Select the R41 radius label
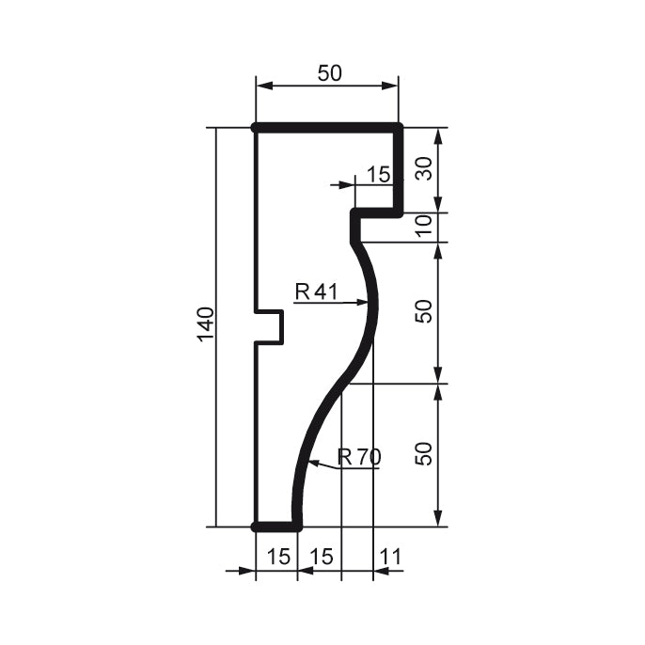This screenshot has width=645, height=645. [x=316, y=291]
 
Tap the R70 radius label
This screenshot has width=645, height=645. [x=359, y=458]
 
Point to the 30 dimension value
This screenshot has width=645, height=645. [x=424, y=169]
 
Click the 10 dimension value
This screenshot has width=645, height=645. [x=424, y=227]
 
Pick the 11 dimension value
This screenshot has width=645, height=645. [x=389, y=557]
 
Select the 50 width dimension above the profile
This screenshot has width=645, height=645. [x=329, y=73]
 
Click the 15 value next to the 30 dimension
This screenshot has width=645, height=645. [x=377, y=174]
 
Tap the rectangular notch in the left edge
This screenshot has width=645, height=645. [x=271, y=326]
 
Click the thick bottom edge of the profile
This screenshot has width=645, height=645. [x=276, y=527]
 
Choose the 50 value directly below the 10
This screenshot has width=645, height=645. [x=424, y=311]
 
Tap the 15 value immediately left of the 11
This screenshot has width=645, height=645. [x=322, y=557]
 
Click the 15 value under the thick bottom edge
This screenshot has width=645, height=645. [x=278, y=557]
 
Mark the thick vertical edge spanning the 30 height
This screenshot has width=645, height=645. [x=399, y=169]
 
